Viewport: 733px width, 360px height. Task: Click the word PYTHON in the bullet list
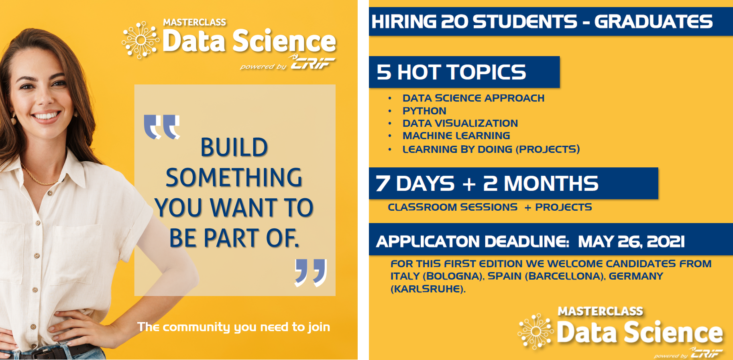point(424,111)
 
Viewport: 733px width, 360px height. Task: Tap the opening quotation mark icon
point(162,127)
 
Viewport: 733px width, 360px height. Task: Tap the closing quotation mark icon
point(311,273)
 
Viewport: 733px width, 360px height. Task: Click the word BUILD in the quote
point(234,147)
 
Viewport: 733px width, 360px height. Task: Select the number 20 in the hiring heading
point(454,22)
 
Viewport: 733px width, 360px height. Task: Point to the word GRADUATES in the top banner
point(653,22)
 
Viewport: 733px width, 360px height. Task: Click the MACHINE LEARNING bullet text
point(456,136)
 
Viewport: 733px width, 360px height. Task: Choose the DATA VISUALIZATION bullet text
point(460,123)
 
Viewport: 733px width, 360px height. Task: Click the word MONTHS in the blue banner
point(551,183)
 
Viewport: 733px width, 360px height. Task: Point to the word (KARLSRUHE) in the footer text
point(428,289)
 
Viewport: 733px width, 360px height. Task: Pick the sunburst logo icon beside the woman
point(140,40)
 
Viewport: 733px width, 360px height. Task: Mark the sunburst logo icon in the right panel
point(535,331)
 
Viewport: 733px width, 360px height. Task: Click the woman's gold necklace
point(38,177)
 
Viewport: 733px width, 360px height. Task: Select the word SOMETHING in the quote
point(234,178)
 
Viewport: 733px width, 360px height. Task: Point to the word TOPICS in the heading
point(487,72)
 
